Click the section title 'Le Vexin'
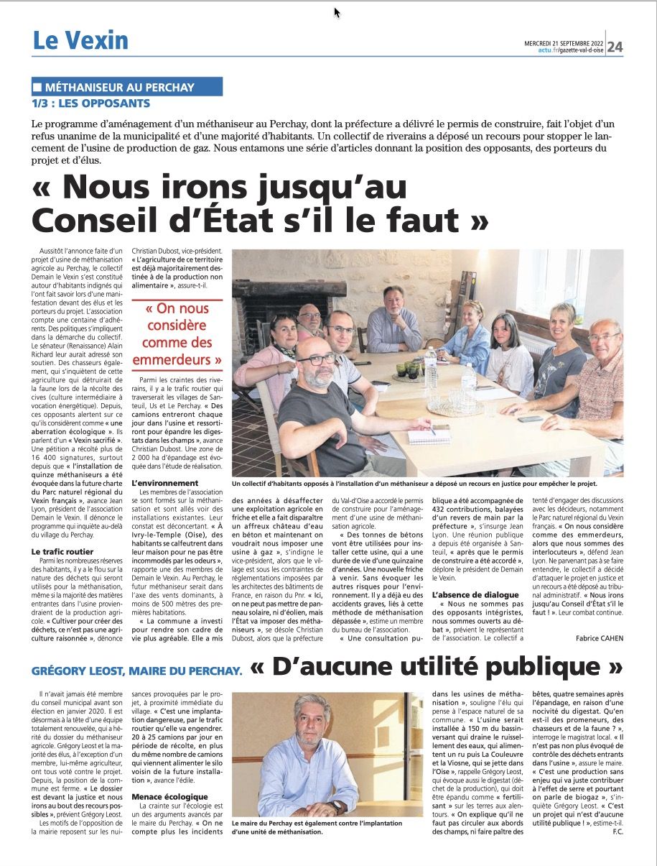pyautogui.click(x=80, y=41)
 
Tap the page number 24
pyautogui.click(x=615, y=47)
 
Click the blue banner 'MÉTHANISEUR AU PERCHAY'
pyautogui.click(x=127, y=87)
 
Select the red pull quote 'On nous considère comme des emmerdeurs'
pyautogui.click(x=177, y=334)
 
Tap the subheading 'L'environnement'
pyautogui.click(x=164, y=483)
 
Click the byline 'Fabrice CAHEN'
pyautogui.click(x=600, y=637)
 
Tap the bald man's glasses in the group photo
pyautogui.click(x=315, y=359)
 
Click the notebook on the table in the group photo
pyautogui.click(x=429, y=436)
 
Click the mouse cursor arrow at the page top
pyautogui.click(x=337, y=12)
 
